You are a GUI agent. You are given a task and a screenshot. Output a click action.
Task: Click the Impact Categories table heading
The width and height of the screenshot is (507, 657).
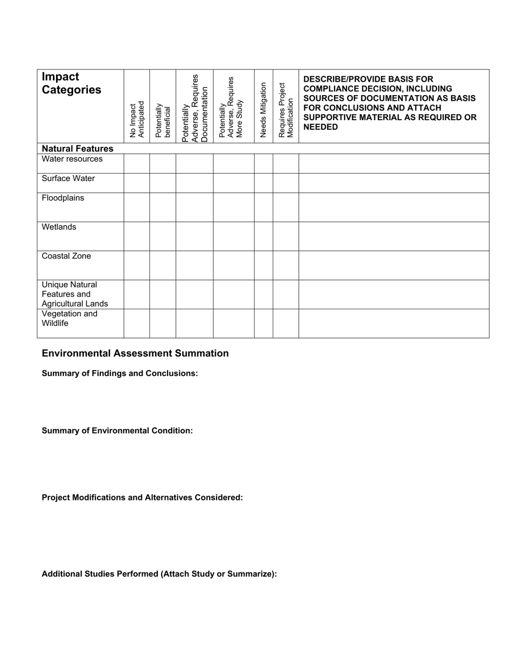(x=72, y=83)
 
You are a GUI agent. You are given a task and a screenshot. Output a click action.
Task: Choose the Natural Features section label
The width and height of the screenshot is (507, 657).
(x=77, y=148)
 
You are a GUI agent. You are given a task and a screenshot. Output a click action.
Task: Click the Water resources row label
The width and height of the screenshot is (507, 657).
(x=72, y=159)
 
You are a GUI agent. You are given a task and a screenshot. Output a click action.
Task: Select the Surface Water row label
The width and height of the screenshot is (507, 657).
(x=68, y=178)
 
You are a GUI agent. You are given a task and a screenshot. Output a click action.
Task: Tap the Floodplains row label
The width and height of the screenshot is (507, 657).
(x=63, y=198)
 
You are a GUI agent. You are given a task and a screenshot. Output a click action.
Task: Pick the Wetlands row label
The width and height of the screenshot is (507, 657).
(x=59, y=227)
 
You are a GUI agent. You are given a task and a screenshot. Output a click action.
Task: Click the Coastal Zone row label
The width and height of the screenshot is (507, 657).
(x=66, y=256)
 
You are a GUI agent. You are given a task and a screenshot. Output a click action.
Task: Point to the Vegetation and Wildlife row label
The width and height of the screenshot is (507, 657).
(x=69, y=318)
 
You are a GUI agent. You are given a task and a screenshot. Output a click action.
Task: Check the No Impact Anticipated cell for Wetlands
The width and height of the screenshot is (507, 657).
(x=137, y=236)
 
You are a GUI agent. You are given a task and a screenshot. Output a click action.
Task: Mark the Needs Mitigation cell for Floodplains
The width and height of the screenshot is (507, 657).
(x=263, y=207)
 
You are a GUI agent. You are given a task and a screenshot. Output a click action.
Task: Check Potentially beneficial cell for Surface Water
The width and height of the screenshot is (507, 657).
(x=163, y=183)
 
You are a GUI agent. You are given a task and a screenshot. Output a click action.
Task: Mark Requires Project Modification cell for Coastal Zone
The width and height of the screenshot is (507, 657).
(x=286, y=265)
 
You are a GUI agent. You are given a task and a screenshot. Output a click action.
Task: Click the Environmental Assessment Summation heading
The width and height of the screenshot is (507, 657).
(x=135, y=354)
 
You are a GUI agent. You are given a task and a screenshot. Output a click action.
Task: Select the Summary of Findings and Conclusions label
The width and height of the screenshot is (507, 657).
(x=120, y=373)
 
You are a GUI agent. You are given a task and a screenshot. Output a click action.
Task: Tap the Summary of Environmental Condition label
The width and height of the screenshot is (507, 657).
(x=117, y=431)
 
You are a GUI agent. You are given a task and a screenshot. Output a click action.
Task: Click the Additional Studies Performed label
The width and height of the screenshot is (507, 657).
(x=159, y=574)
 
